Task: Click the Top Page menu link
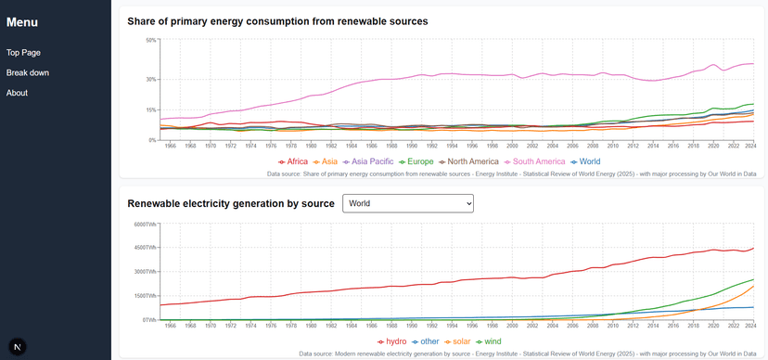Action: pyautogui.click(x=23, y=53)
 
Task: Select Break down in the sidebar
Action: pyautogui.click(x=28, y=72)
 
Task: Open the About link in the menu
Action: pyautogui.click(x=17, y=93)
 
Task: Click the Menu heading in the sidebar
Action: pyautogui.click(x=22, y=22)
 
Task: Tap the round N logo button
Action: pyautogui.click(x=19, y=345)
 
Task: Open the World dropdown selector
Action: pyautogui.click(x=408, y=203)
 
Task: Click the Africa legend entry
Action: pyautogui.click(x=293, y=161)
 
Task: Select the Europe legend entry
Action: pyautogui.click(x=415, y=161)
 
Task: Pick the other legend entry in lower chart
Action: pyautogui.click(x=426, y=341)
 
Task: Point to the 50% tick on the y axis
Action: pyautogui.click(x=151, y=40)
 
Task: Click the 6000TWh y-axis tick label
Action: pyautogui.click(x=146, y=224)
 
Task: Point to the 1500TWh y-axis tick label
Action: pyautogui.click(x=146, y=296)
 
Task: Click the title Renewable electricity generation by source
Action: pyautogui.click(x=230, y=203)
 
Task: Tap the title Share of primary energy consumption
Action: pyautogui.click(x=276, y=21)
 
